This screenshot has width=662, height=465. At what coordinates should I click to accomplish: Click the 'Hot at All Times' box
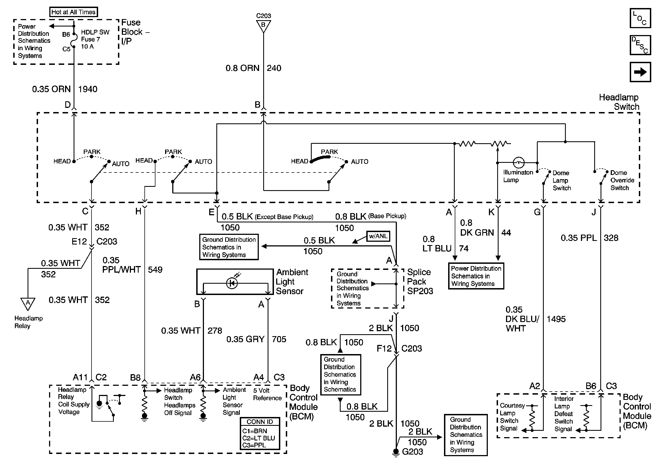pyautogui.click(x=73, y=12)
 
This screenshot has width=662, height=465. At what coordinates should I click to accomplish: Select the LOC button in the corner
pyautogui.click(x=640, y=18)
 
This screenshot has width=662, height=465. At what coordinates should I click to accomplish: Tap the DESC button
pyautogui.click(x=640, y=45)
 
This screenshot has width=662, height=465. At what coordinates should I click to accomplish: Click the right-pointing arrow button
pyautogui.click(x=640, y=72)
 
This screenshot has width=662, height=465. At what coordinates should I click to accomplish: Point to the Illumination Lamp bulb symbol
pyautogui.click(x=518, y=162)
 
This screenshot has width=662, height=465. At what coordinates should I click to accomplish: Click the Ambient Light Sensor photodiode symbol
pyautogui.click(x=232, y=283)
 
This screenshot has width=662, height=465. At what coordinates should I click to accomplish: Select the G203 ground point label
pyautogui.click(x=412, y=452)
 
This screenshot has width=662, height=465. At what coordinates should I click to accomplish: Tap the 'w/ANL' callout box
pyautogui.click(x=378, y=236)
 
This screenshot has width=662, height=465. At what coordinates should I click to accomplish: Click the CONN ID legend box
pyautogui.click(x=260, y=433)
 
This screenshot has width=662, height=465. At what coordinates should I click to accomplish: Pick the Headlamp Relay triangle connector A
pyautogui.click(x=28, y=303)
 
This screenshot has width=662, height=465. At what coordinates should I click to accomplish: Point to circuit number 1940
pyautogui.click(x=88, y=89)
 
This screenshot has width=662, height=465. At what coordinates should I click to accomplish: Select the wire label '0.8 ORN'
pyautogui.click(x=243, y=68)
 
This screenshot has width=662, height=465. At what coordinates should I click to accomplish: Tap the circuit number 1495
pyautogui.click(x=556, y=319)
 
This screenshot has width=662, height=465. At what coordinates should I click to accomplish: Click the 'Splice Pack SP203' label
pyautogui.click(x=420, y=281)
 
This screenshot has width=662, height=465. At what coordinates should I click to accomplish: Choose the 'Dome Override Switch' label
pyautogui.click(x=622, y=180)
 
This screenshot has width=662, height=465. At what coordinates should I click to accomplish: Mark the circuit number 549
pyautogui.click(x=155, y=270)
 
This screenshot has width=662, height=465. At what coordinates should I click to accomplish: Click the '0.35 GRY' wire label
pyautogui.click(x=245, y=339)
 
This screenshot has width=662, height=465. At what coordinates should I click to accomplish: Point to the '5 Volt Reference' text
pyautogui.click(x=267, y=394)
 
